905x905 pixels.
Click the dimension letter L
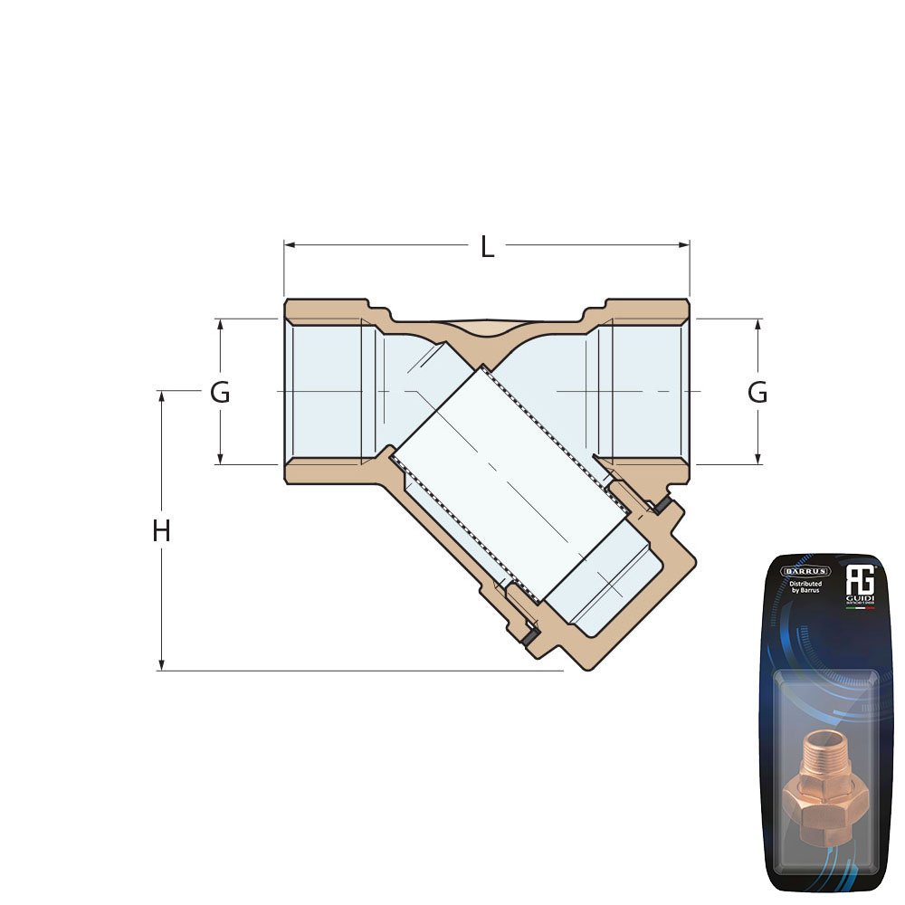pos(487,246)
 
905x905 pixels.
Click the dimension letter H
pos(161,531)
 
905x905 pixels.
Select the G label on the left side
pos(220,393)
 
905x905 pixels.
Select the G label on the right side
pos(757,393)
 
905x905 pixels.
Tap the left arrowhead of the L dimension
pos(289,244)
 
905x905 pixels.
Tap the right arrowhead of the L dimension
pos(685,244)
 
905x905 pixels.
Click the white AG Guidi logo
pos(858,579)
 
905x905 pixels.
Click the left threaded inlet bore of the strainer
pos(326,392)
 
